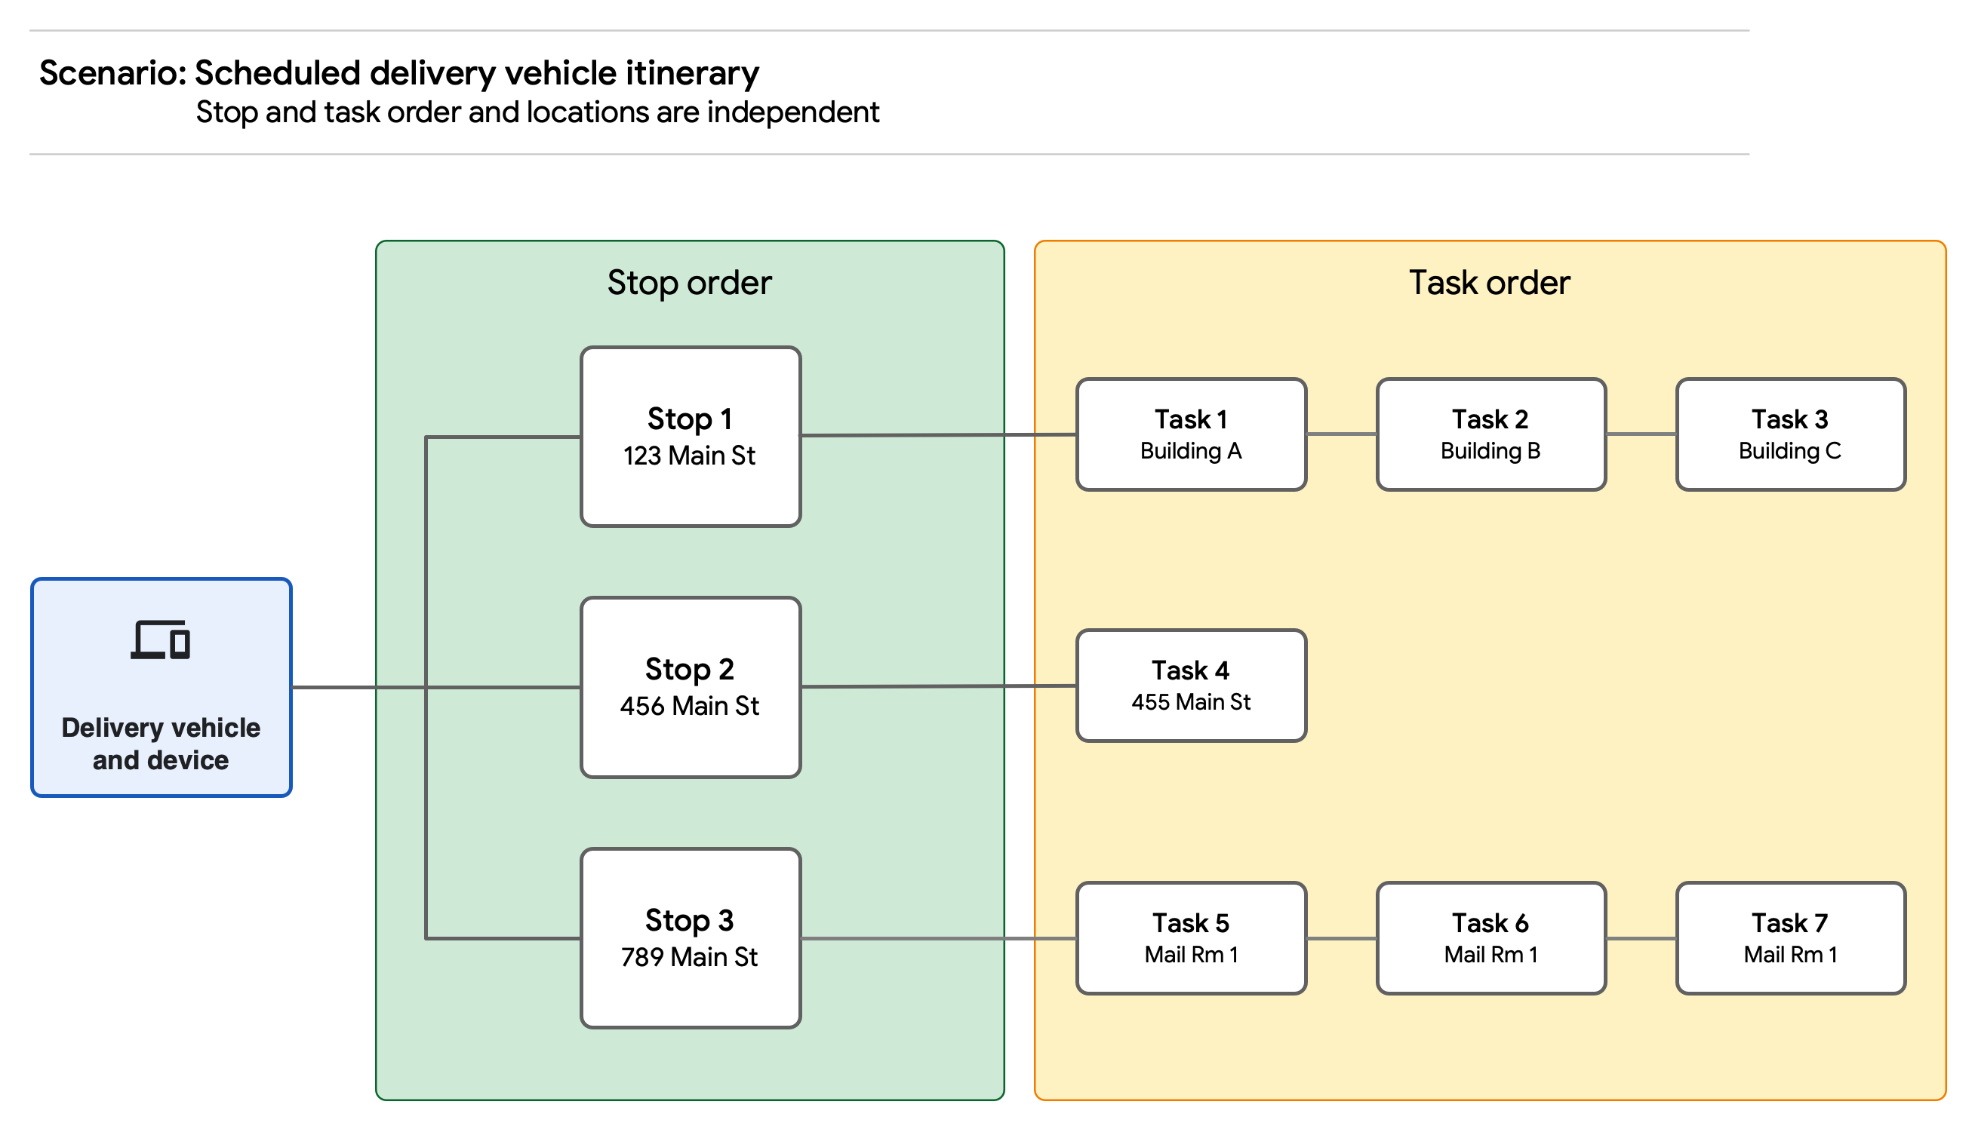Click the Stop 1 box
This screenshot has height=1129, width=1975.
[x=691, y=437]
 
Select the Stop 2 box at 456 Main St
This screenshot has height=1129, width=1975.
[x=691, y=687]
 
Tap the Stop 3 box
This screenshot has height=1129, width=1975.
[x=691, y=938]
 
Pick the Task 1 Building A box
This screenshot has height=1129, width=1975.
[x=1191, y=434]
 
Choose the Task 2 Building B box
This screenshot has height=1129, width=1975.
[x=1491, y=434]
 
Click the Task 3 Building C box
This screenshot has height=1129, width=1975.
[x=1790, y=434]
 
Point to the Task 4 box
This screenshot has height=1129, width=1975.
[x=1191, y=686]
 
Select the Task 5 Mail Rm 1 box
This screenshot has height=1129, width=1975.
[x=1191, y=938]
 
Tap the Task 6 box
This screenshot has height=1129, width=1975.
[x=1491, y=938]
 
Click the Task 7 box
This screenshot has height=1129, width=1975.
[x=1790, y=938]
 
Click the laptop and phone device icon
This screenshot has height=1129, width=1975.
[x=161, y=640]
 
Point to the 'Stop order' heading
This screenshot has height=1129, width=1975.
[x=689, y=282]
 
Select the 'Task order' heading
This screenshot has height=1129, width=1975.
[x=1490, y=282]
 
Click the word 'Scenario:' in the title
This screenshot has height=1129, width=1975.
[x=112, y=73]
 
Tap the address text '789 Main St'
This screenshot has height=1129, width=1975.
[x=689, y=957]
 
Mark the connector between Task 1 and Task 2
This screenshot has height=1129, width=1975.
[x=1341, y=434]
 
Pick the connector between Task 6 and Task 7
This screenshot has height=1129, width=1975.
[x=1641, y=938]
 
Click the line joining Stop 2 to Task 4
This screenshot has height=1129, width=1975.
[x=939, y=686]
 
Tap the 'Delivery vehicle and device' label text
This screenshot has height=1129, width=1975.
[x=161, y=744]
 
